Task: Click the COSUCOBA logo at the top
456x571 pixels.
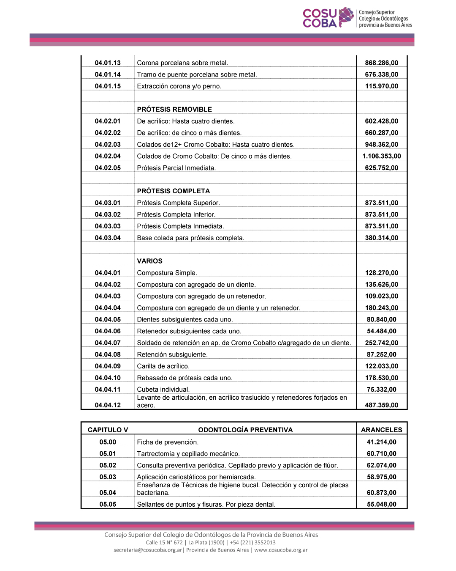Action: click(357, 18)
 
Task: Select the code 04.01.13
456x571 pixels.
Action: click(108, 63)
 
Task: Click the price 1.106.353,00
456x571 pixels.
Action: click(382, 156)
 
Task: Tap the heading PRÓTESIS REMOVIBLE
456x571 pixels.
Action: click(174, 110)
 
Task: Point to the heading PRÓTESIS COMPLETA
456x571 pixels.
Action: click(173, 191)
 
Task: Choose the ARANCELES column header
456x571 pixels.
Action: click(382, 430)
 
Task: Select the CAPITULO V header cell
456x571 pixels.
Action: click(108, 430)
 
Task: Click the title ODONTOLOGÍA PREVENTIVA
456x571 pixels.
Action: click(245, 430)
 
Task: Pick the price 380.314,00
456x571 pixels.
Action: click(382, 238)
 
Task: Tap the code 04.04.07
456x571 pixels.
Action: click(108, 343)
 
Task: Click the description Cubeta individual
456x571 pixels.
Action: click(163, 390)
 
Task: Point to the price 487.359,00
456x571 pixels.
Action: click(382, 405)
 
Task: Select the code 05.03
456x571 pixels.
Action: click(108, 477)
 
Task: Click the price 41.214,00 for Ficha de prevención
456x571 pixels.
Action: click(382, 442)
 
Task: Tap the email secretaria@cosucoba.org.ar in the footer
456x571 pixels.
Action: click(148, 550)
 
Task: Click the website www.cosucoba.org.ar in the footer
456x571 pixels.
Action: click(281, 550)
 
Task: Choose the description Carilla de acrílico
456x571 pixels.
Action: click(163, 366)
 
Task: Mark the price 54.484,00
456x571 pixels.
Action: click(382, 331)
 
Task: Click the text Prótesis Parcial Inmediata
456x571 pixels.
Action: click(176, 168)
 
